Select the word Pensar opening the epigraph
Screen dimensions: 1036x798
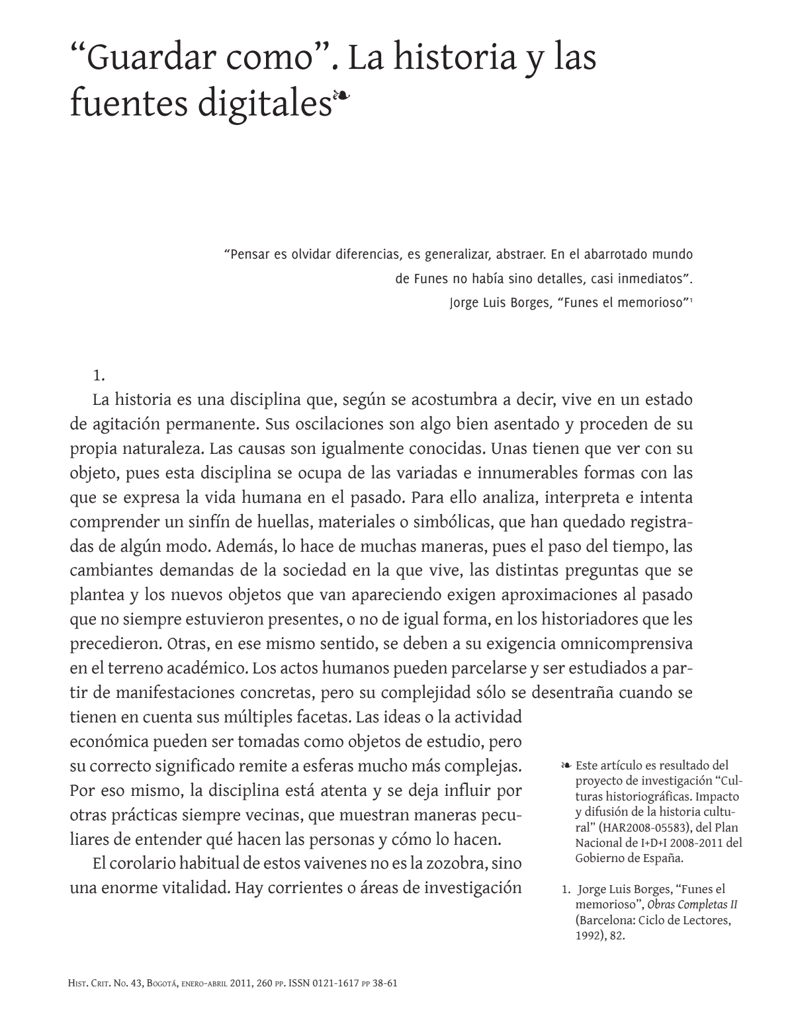point(247,255)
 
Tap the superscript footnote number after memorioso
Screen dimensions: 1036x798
point(691,301)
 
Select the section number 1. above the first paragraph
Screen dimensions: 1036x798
point(99,376)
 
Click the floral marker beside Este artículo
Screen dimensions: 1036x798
point(566,766)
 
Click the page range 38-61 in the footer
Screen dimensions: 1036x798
point(384,983)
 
